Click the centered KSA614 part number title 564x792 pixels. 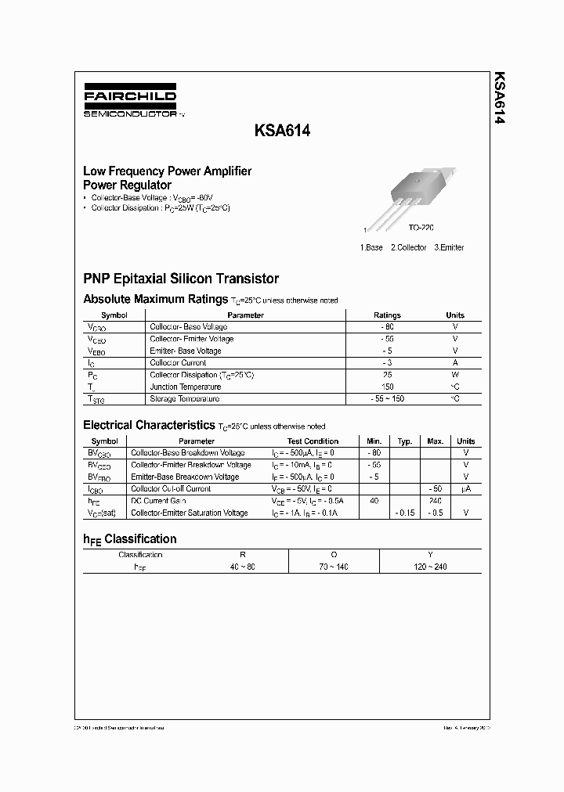[283, 132]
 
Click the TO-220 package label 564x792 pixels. [421, 227]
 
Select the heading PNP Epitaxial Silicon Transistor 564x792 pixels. [181, 279]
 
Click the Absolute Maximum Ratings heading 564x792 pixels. [155, 299]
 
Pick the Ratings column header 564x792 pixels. [387, 315]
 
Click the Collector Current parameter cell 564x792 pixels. [178, 363]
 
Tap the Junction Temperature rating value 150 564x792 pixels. [387, 387]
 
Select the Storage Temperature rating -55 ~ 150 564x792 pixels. [387, 399]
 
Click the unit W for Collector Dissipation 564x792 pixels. [455, 375]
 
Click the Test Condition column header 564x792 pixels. [313, 441]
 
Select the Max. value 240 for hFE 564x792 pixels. [436, 501]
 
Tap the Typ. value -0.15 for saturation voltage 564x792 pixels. [404, 513]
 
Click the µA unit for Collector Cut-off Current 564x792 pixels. [465, 489]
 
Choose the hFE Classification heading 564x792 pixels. [130, 539]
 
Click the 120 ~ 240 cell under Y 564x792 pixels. [430, 567]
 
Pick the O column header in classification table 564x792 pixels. [334, 554]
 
